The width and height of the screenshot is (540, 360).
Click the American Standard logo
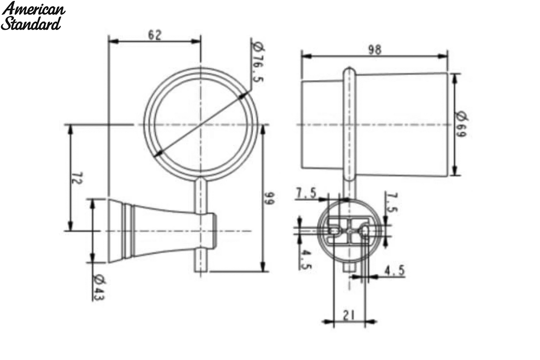coord(33,16)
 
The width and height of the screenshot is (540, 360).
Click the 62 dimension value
coord(154,35)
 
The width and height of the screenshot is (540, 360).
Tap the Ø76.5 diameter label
coord(258,62)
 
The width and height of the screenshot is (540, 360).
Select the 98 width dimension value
coord(375,50)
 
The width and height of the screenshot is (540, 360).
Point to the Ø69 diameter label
coord(461,124)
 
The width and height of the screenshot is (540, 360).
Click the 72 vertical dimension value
coord(77,178)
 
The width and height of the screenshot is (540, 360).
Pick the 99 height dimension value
coord(269,198)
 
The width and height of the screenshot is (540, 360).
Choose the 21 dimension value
coord(349,315)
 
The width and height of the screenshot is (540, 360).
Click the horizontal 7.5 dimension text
coord(306,193)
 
